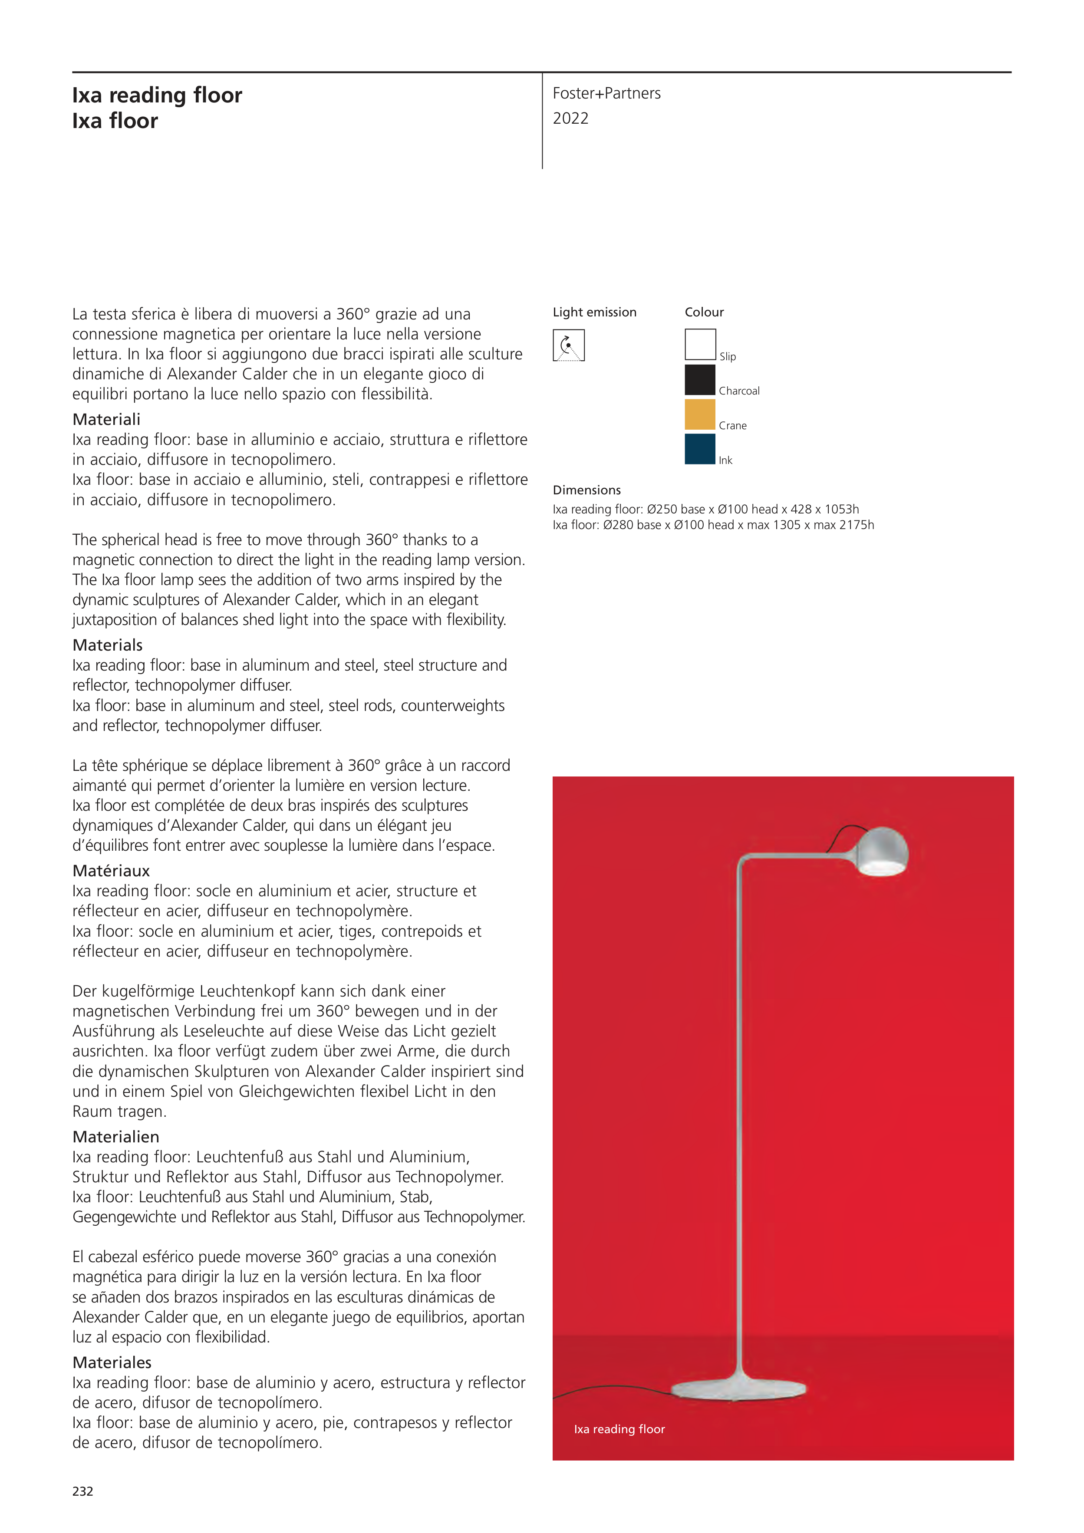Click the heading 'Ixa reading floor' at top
(157, 95)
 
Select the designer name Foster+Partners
(606, 93)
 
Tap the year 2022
(570, 119)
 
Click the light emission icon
(568, 345)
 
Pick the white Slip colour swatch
(700, 345)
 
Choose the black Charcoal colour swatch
(700, 380)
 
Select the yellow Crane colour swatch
(700, 415)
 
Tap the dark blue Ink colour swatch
(700, 449)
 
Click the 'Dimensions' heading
(586, 490)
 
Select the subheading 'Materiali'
(106, 419)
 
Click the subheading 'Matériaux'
(111, 871)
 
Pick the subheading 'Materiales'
(112, 1362)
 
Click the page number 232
(83, 1491)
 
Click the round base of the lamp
(738, 1389)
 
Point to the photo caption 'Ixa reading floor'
(619, 1429)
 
